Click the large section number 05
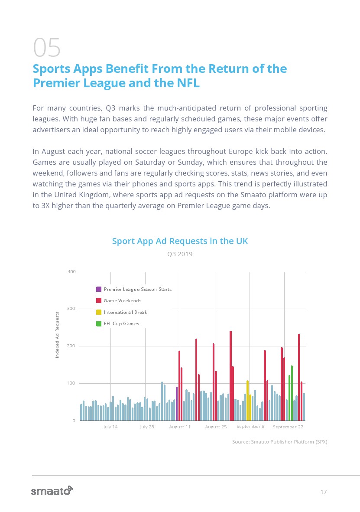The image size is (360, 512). tap(47, 48)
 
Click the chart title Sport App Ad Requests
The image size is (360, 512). tap(180, 241)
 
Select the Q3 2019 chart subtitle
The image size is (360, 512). tap(180, 254)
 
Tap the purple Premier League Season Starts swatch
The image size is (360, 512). tap(99, 289)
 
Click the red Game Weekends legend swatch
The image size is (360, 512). tap(99, 300)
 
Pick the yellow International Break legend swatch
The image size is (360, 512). tap(99, 312)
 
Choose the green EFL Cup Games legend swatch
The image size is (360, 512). tap(99, 323)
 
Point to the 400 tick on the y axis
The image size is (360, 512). tap(71, 272)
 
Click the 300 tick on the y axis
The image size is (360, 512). tap(71, 309)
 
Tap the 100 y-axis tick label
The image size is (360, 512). tap(71, 384)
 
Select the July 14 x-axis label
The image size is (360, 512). tap(110, 427)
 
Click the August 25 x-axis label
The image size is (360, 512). tap(216, 427)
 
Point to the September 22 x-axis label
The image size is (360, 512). tap(288, 427)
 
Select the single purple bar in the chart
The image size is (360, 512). tap(177, 404)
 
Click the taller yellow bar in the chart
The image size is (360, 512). tap(248, 401)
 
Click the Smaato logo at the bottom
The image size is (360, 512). tap(52, 491)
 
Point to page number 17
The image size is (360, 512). tap(323, 492)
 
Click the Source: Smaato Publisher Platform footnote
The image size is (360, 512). tap(279, 442)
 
